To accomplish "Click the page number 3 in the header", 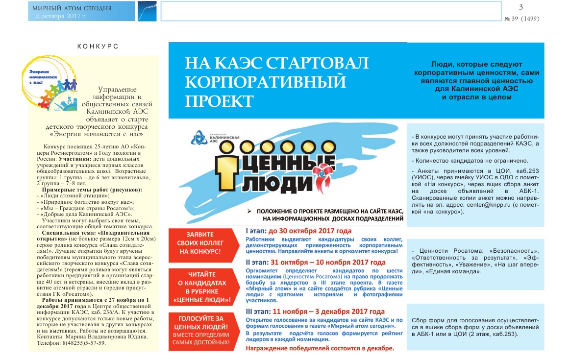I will tap(521, 6).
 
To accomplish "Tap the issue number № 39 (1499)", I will tap(522, 19).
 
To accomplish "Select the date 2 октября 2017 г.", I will tap(61, 16).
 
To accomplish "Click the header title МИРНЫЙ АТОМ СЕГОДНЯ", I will tap(72, 8).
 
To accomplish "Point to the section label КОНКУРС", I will tap(98, 46).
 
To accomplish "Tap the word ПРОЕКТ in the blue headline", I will tap(219, 101).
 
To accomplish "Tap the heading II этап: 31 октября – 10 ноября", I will tap(312, 263).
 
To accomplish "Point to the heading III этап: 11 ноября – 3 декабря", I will tap(315, 312).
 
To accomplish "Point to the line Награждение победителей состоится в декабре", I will tap(320, 348).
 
